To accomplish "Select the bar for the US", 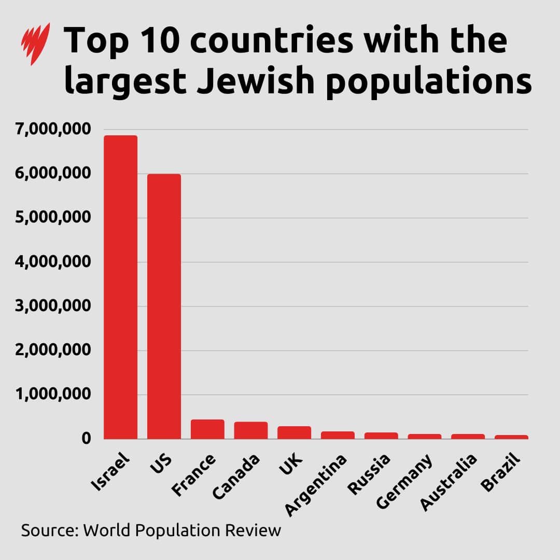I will click(164, 306).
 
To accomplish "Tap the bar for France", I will click(207, 429).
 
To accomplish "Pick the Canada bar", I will click(251, 430).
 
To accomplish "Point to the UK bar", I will click(294, 432).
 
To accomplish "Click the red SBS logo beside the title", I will click(36, 44).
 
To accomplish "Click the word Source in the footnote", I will click(49, 530).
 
